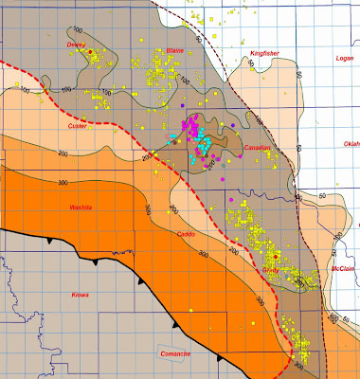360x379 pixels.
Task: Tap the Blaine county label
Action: [x=174, y=50]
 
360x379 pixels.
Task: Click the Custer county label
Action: [x=78, y=125]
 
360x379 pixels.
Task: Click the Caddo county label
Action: [x=188, y=234]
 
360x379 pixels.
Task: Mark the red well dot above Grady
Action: [x=275, y=256]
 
